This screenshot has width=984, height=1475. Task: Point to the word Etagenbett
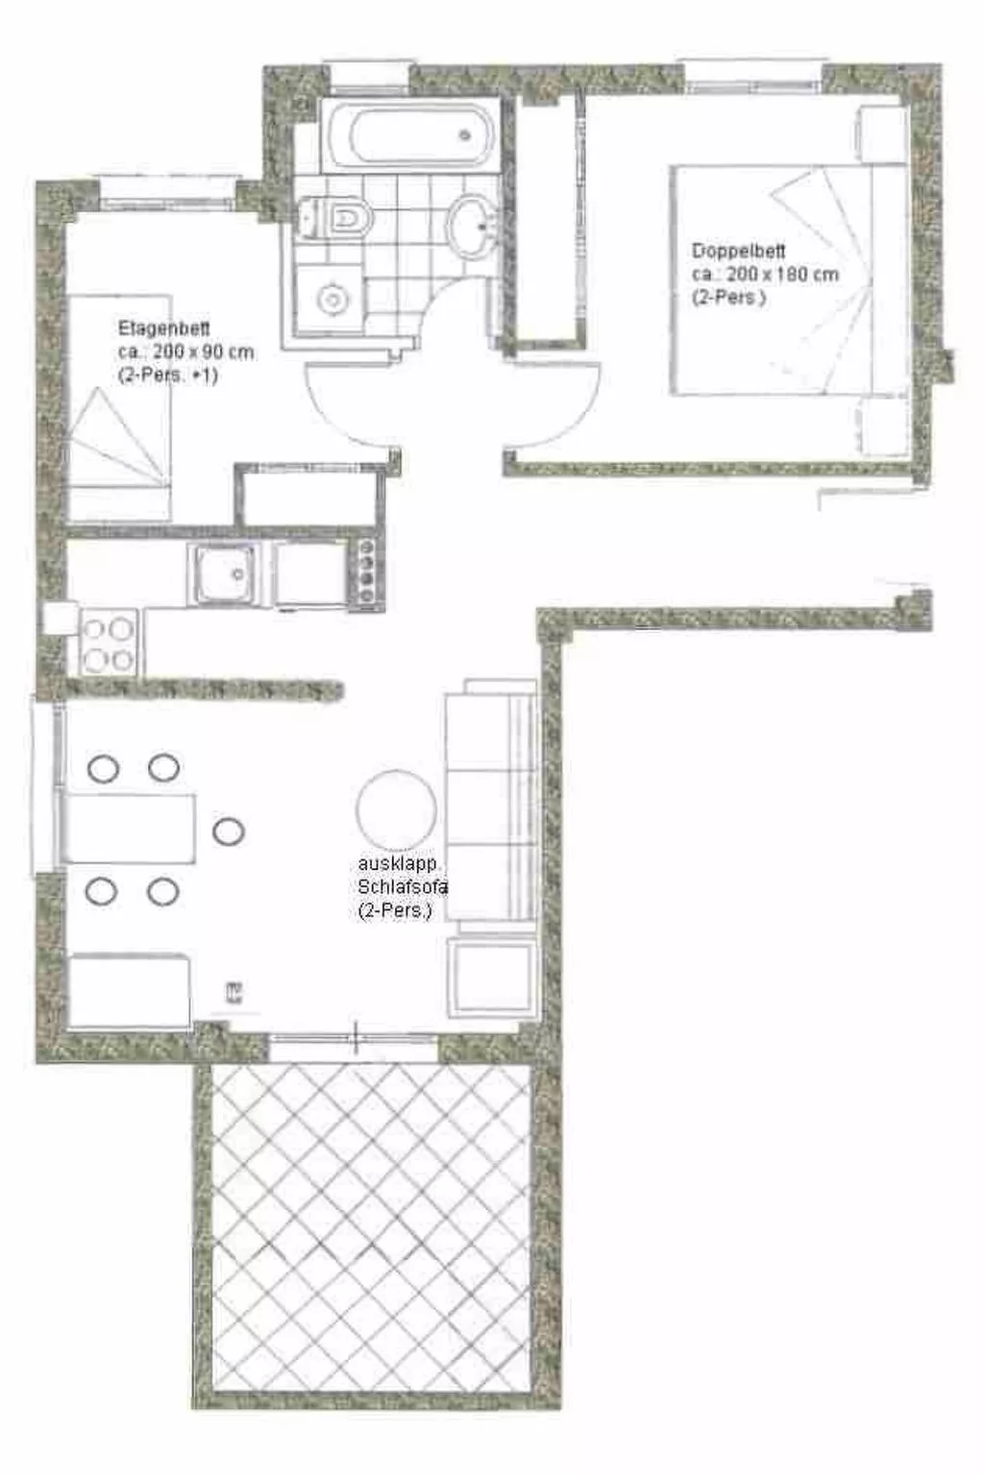(163, 328)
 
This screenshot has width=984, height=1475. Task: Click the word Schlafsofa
(403, 886)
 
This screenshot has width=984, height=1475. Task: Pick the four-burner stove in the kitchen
(108, 644)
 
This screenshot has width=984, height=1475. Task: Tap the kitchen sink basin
(224, 575)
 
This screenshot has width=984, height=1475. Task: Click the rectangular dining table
(129, 829)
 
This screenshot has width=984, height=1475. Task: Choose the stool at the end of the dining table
(228, 832)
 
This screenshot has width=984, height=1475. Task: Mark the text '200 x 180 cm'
(782, 275)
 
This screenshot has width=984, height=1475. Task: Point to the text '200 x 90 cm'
(203, 352)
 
